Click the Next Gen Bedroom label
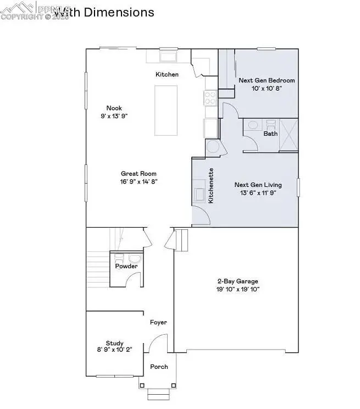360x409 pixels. (267, 80)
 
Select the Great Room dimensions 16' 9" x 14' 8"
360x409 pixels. (136, 181)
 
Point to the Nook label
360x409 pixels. (114, 108)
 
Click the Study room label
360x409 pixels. (114, 342)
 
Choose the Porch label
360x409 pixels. (159, 367)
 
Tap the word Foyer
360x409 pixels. (159, 323)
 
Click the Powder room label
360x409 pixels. (126, 266)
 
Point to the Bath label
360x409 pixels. (270, 134)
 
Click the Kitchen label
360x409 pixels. (167, 74)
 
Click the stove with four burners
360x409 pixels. (211, 98)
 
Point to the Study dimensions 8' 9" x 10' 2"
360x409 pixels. (114, 350)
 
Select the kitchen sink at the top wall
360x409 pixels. (167, 56)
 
